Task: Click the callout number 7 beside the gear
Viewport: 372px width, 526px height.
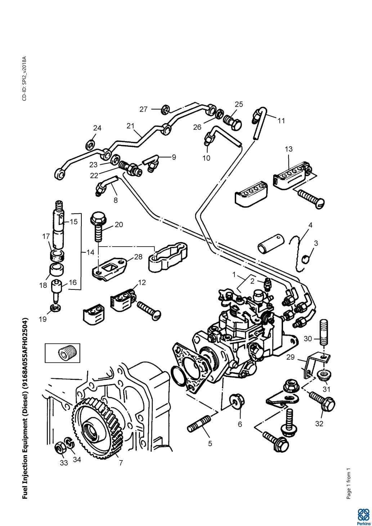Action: (121, 463)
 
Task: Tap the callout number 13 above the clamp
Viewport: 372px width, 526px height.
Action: (288, 149)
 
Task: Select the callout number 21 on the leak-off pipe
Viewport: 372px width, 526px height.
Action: (130, 126)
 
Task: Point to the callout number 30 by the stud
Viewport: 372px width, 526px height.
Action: (308, 339)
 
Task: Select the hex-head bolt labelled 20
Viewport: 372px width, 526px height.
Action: (97, 225)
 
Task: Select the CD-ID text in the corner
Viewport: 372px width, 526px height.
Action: (24, 78)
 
